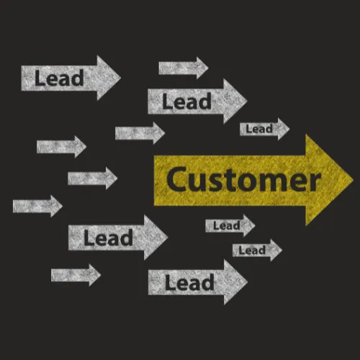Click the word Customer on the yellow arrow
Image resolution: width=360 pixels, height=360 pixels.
coord(243,180)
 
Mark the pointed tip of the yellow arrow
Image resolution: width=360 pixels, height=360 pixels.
coord(353,179)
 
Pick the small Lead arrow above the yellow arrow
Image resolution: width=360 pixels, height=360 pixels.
coord(265,129)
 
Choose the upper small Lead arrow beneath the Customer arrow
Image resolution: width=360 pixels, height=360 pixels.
coord(230,225)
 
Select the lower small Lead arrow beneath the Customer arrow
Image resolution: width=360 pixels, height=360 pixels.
coord(257,250)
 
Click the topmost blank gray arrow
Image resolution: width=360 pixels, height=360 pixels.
coord(184,68)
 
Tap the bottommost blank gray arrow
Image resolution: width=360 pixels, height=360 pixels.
coord(76,275)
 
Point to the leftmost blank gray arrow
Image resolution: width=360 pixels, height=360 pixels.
coord(37,206)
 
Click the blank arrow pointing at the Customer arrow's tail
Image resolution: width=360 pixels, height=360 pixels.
coord(93,179)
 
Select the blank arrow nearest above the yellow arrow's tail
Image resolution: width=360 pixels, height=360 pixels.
coord(140,133)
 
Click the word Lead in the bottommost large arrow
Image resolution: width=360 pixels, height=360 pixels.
coord(189,283)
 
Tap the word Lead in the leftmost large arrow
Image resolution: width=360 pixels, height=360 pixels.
coord(59,78)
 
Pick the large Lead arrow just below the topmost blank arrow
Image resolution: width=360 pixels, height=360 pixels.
coord(197,101)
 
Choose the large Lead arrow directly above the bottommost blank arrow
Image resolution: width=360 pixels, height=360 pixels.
coord(118,238)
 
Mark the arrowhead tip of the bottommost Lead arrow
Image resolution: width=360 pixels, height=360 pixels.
coord(248,282)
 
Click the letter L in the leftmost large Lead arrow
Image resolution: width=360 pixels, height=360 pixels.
coord(40,78)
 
